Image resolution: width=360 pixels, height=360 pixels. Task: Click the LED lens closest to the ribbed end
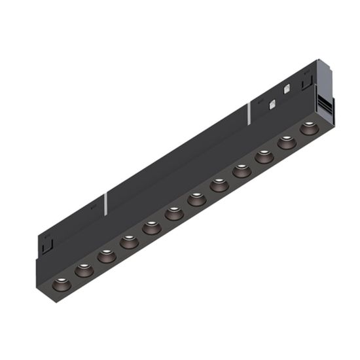[x=308, y=128]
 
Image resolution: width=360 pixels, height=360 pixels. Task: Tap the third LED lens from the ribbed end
[x=264, y=156]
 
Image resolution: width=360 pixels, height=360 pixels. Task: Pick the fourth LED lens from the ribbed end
[x=242, y=171]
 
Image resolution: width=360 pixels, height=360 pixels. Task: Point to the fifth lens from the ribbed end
[x=219, y=185]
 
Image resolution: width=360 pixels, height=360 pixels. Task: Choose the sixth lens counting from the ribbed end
[x=196, y=200]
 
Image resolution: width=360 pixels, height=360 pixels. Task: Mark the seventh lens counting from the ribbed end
[x=174, y=213]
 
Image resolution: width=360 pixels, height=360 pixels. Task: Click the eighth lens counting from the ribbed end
[x=151, y=228]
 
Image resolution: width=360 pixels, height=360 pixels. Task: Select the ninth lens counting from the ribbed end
[x=129, y=242]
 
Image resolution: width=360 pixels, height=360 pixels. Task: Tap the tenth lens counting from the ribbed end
[x=106, y=256]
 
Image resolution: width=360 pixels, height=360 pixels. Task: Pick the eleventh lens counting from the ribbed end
[x=83, y=270]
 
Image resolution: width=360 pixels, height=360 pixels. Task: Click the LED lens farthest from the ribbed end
[x=60, y=284]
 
